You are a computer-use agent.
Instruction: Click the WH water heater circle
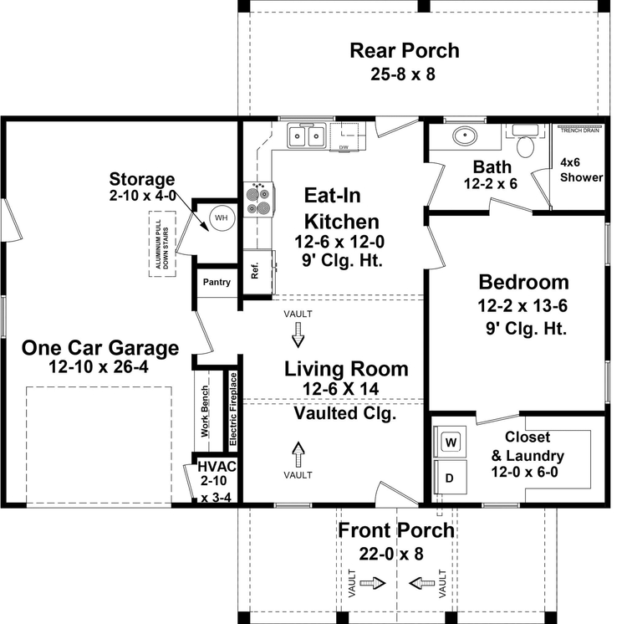click(222, 217)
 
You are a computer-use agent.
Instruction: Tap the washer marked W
click(451, 442)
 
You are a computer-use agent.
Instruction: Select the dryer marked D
click(451, 477)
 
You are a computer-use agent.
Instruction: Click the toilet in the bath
click(525, 142)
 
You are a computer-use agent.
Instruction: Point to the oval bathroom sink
click(465, 136)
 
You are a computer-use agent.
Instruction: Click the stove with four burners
click(258, 199)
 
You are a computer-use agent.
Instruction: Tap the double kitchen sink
click(306, 136)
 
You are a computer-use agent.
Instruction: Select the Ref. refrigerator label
click(255, 270)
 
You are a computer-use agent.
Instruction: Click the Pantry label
click(217, 282)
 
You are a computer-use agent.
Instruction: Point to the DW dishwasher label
click(344, 147)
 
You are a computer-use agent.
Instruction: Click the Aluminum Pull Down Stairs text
click(162, 244)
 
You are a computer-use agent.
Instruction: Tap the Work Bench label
click(205, 411)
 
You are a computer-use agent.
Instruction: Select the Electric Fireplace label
click(233, 409)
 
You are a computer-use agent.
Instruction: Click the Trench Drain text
click(580, 130)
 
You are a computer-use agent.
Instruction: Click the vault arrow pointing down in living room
click(298, 335)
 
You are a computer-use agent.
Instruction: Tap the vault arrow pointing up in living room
click(298, 454)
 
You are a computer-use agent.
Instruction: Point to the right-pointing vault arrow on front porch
click(373, 583)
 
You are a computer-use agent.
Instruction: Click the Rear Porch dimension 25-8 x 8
click(403, 74)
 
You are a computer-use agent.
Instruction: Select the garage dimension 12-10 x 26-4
click(99, 366)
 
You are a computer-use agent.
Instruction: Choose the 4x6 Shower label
click(581, 170)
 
